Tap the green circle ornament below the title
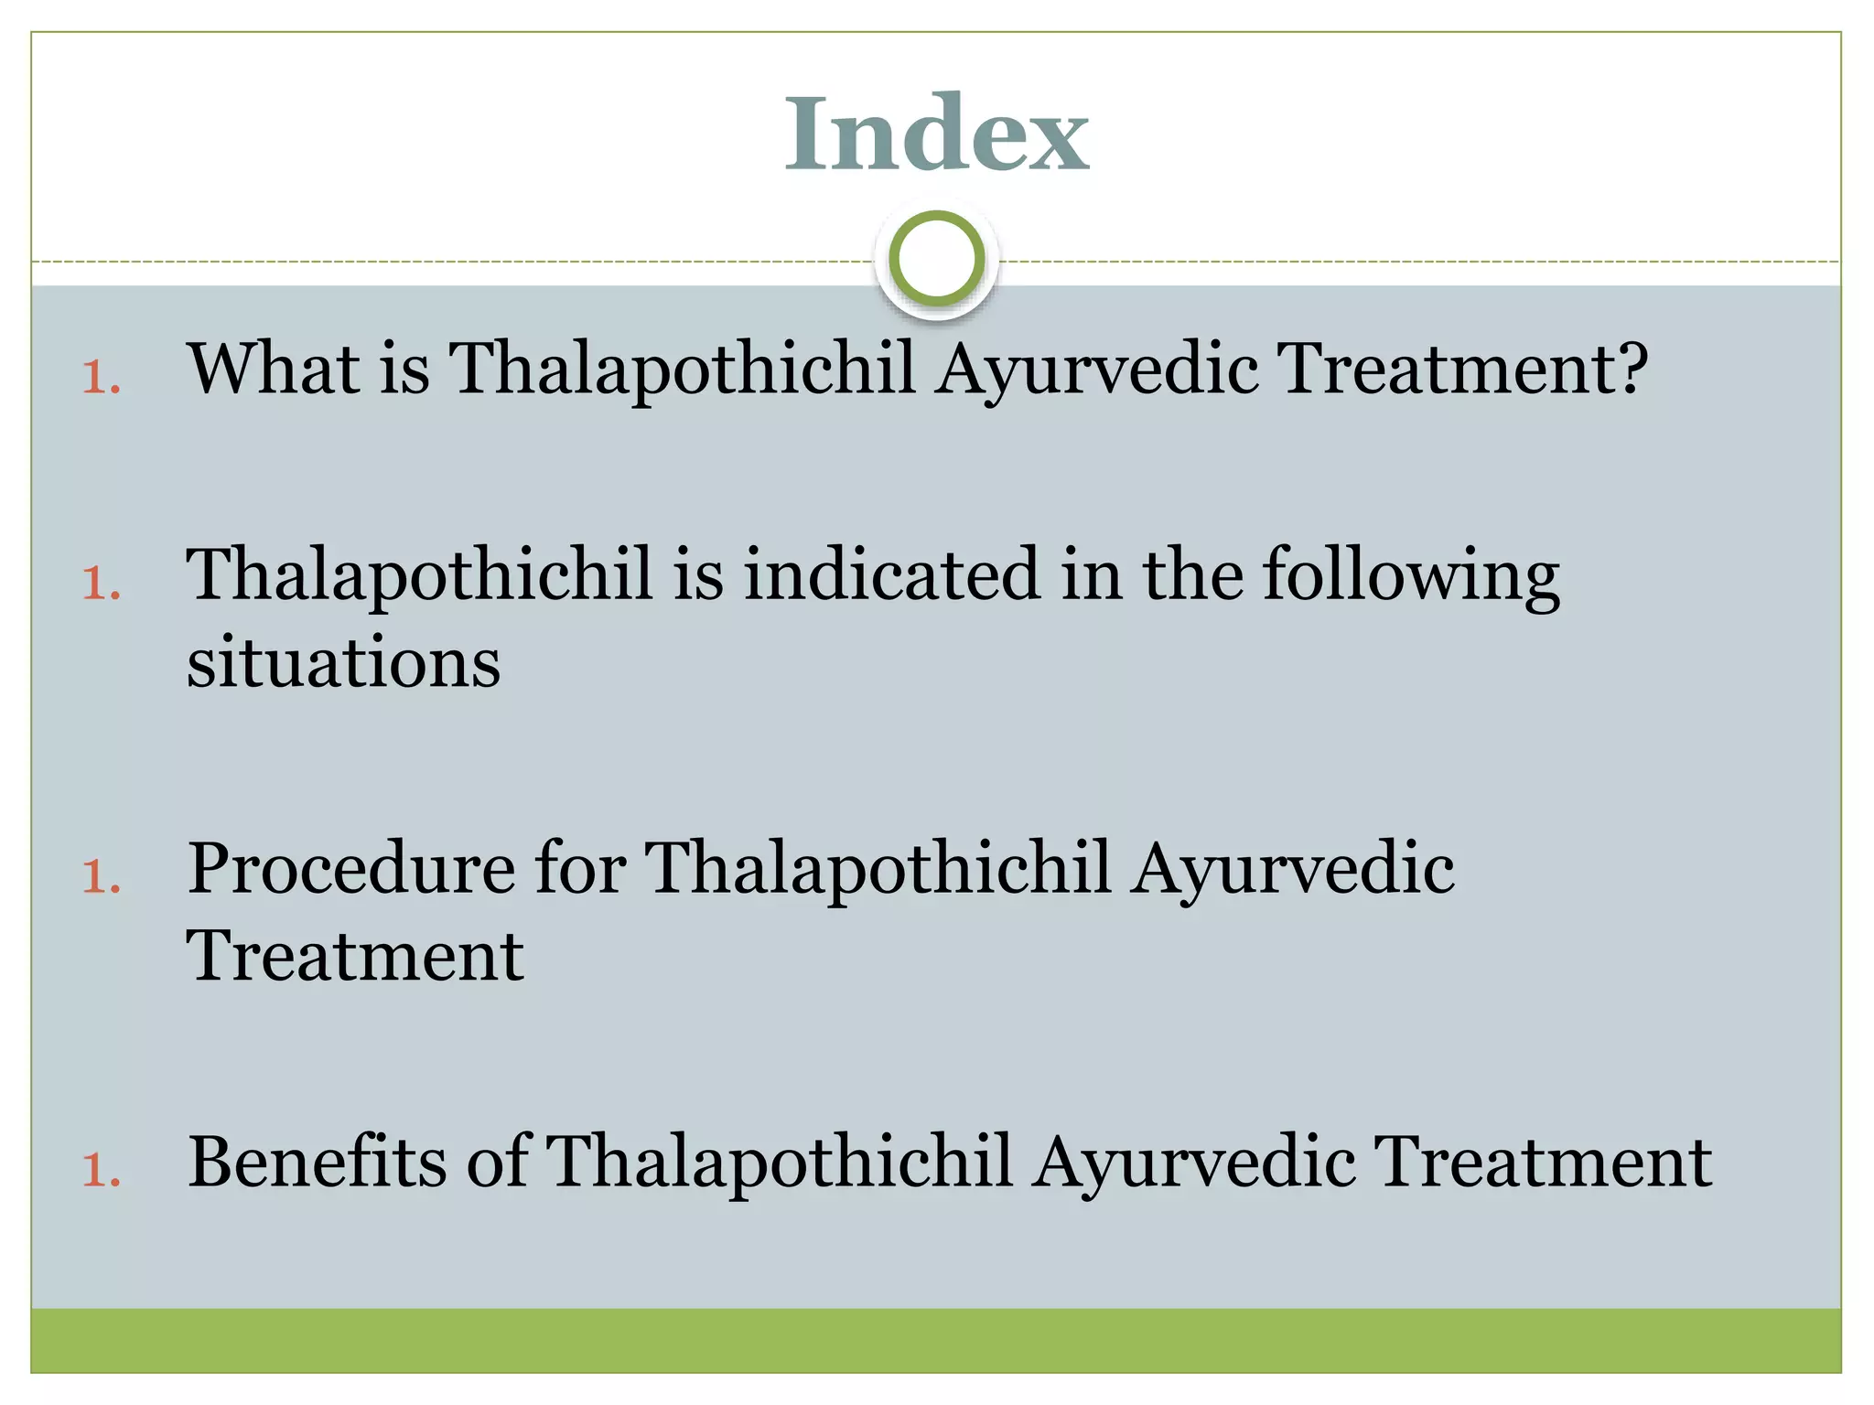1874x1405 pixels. click(x=936, y=259)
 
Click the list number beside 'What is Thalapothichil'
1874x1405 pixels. click(x=101, y=378)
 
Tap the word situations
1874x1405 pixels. click(x=343, y=661)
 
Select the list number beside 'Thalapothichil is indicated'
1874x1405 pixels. click(x=101, y=584)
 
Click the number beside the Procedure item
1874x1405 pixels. click(x=101, y=877)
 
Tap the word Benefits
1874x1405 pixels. click(x=317, y=1162)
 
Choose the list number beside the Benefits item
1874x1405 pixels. click(x=101, y=1171)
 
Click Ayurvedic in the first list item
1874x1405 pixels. click(x=1096, y=370)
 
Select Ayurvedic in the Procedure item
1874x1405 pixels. click(x=1292, y=870)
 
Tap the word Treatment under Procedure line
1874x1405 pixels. click(x=355, y=956)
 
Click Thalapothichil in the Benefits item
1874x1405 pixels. click(x=779, y=1162)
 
